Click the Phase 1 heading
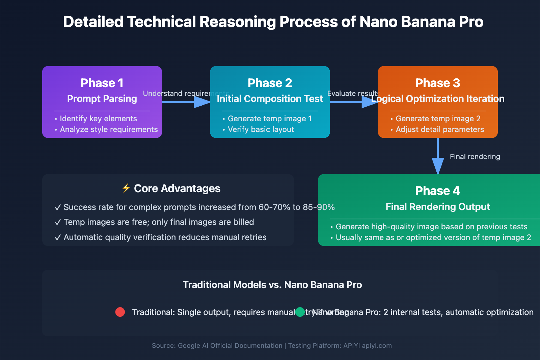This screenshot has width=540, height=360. pos(102,83)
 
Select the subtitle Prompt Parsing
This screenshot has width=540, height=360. pos(102,99)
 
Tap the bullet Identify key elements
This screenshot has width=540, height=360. pos(98,119)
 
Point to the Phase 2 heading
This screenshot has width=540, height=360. pos(270,83)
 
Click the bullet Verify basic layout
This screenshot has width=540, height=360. pos(261,129)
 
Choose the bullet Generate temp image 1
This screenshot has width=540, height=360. pos(269,119)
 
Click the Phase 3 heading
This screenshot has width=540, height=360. pos(438,83)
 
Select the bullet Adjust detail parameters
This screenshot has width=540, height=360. pos(439,129)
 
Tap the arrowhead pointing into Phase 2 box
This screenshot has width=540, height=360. pos(202,102)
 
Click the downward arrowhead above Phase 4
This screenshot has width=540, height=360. pos(438,165)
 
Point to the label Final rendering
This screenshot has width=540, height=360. pos(475,157)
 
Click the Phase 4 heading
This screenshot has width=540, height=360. pos(438,191)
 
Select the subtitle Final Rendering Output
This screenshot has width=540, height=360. pos(438,207)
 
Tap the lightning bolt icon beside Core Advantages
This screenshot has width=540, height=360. pos(126,188)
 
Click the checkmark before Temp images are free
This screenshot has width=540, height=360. pos(58,222)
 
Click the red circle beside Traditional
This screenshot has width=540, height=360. pos(120,312)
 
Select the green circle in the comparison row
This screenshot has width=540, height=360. pos(300,312)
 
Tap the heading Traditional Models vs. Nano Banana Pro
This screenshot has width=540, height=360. pos(272,285)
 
